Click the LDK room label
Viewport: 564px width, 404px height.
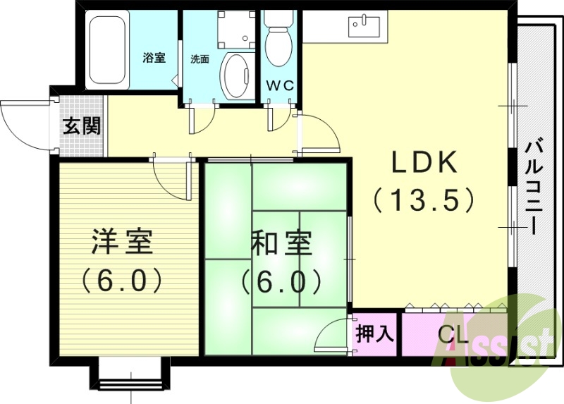click(x=425, y=164)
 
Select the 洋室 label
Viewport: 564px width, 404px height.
click(x=121, y=243)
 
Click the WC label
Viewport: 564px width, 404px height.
click(x=280, y=86)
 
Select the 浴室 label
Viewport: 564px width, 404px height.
click(x=154, y=58)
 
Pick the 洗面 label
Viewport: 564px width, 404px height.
click(x=200, y=59)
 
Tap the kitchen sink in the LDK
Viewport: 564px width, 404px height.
click(x=364, y=26)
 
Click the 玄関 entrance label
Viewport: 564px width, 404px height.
click(x=82, y=127)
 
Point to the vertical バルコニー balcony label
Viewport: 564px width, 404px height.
click(x=534, y=187)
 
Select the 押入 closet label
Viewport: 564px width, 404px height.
click(x=374, y=333)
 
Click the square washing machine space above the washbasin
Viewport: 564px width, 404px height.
click(x=235, y=28)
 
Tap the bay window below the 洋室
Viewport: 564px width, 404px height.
click(x=130, y=374)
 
